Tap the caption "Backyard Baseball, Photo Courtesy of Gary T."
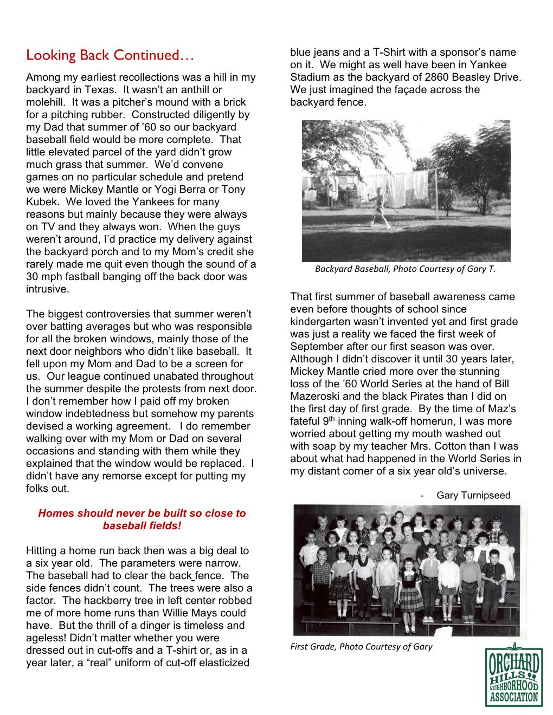pyautogui.click(x=405, y=269)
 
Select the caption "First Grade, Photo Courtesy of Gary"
pyautogui.click(x=361, y=646)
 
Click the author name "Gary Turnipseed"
pyautogui.click(x=473, y=495)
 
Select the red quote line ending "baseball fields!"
pyautogui.click(x=142, y=525)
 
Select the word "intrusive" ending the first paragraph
pyautogui.click(x=47, y=289)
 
